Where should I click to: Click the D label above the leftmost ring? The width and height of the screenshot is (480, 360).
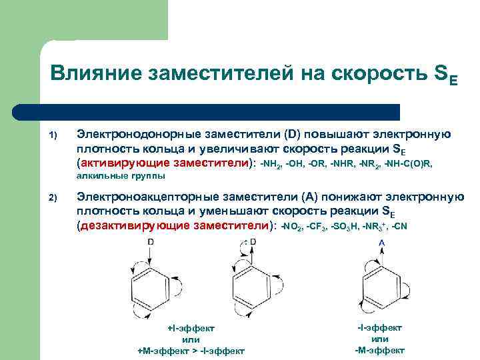(151, 241)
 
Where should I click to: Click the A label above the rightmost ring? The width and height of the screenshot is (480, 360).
(382, 243)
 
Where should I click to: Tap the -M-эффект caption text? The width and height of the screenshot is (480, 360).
(380, 350)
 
